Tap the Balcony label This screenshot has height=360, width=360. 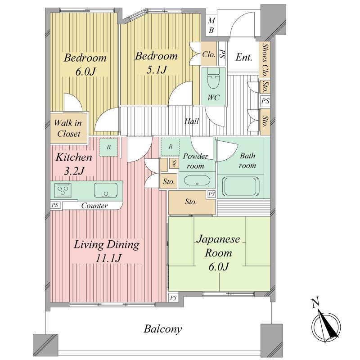[163, 329]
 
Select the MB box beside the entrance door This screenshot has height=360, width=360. [211, 25]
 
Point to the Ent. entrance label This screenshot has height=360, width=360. [244, 58]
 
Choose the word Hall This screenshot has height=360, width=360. [191, 121]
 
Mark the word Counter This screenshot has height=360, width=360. [94, 206]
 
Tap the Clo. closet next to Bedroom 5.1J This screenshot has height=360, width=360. [208, 54]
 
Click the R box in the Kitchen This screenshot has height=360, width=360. [108, 147]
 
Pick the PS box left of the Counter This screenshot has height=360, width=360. [54, 205]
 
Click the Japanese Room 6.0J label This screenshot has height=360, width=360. [218, 252]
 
